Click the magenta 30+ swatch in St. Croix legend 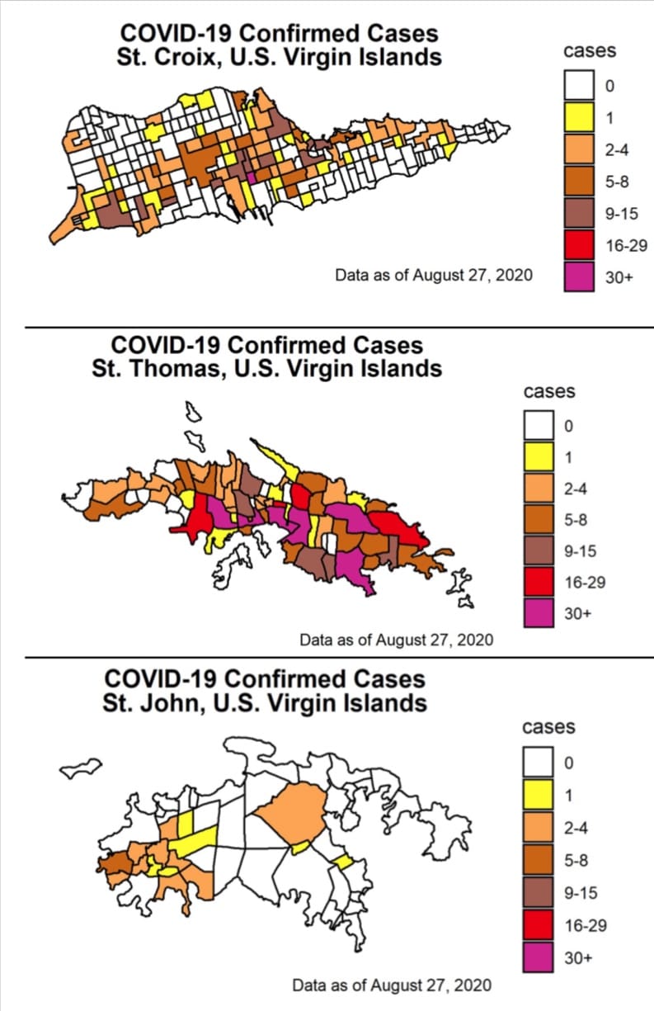(x=579, y=276)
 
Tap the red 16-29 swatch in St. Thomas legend (x=539, y=582)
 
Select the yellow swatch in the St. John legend (x=538, y=796)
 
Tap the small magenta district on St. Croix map (x=252, y=177)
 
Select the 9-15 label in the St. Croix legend (x=622, y=213)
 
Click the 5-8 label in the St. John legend (x=576, y=861)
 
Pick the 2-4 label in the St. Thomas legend (x=576, y=489)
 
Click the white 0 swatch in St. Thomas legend (x=539, y=425)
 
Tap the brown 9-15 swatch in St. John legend (x=538, y=893)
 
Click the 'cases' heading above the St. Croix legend (x=590, y=50)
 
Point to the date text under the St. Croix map (x=434, y=275)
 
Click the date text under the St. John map (x=392, y=985)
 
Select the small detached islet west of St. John (x=81, y=768)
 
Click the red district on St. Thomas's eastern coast (x=400, y=529)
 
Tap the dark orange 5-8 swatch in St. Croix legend (x=579, y=181)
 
